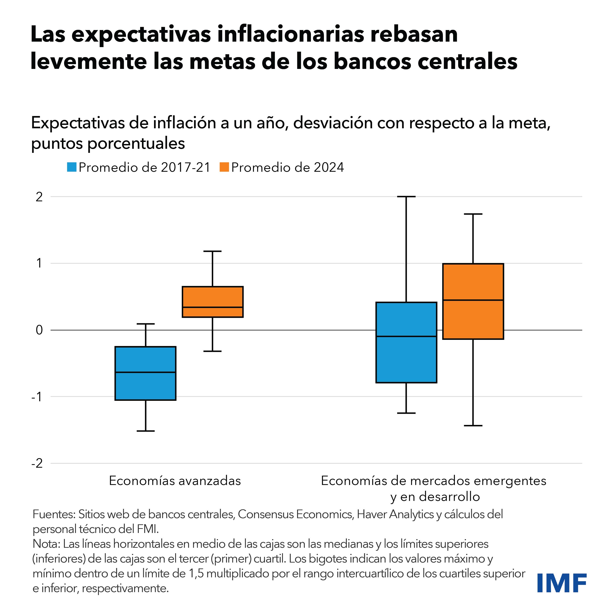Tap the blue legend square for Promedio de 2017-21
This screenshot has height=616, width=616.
point(72,167)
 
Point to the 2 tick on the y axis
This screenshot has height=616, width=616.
point(39,197)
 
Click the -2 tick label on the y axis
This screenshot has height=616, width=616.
point(37,463)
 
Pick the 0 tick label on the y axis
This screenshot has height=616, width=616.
point(39,330)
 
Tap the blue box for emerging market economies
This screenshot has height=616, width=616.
point(406,360)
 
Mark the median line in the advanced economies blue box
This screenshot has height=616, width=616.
point(145,372)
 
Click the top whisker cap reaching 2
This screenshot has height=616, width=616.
point(406,197)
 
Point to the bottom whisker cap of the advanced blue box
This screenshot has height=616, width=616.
point(145,431)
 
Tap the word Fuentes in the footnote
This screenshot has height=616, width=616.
point(53,514)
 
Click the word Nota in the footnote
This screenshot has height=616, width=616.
point(46,544)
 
